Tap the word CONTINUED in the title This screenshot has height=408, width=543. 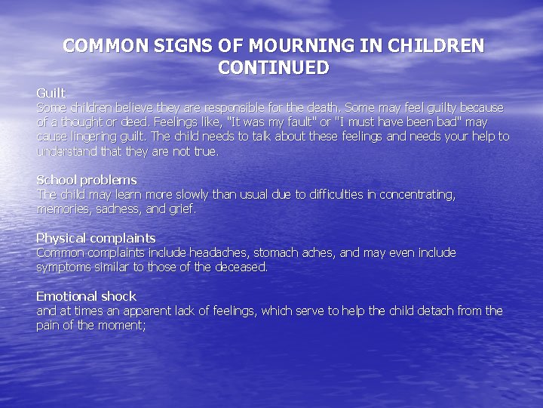point(274,68)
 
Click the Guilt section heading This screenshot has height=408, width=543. point(51,93)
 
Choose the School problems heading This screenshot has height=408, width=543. point(87,180)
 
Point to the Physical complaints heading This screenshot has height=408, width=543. point(96,238)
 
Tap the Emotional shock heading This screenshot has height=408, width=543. point(86,296)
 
